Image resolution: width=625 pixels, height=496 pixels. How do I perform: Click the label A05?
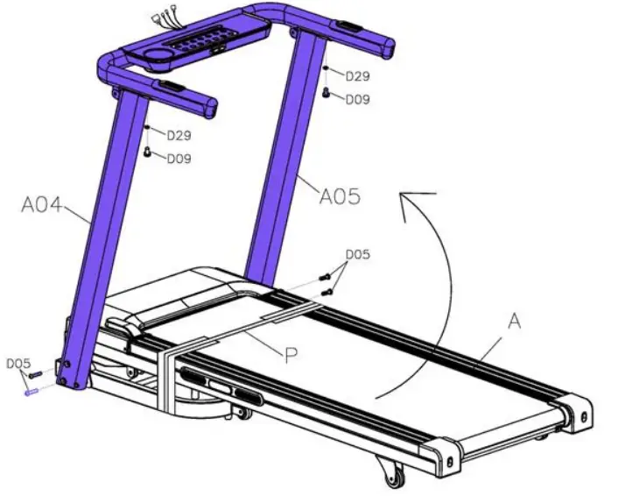point(339,196)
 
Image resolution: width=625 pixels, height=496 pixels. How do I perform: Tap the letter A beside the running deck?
point(514,322)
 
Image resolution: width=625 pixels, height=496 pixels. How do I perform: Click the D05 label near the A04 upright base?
point(18,363)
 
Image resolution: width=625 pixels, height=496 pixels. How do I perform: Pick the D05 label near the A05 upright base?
point(356,255)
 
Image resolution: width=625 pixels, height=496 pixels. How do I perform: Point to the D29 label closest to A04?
point(179,136)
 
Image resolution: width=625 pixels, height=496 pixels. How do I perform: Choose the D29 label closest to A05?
point(356,77)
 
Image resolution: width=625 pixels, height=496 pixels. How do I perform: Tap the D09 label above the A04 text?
point(179,159)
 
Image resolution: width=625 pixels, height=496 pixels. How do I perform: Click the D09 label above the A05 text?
point(356,100)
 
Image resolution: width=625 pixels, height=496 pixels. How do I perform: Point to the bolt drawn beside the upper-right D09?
point(327,90)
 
